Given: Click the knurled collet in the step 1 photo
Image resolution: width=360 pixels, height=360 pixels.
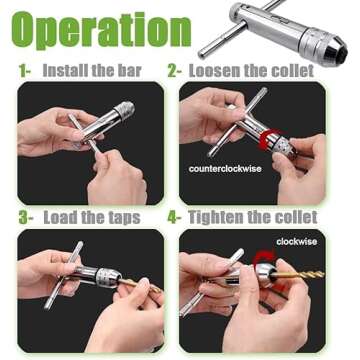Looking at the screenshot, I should pyautogui.click(x=123, y=110).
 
